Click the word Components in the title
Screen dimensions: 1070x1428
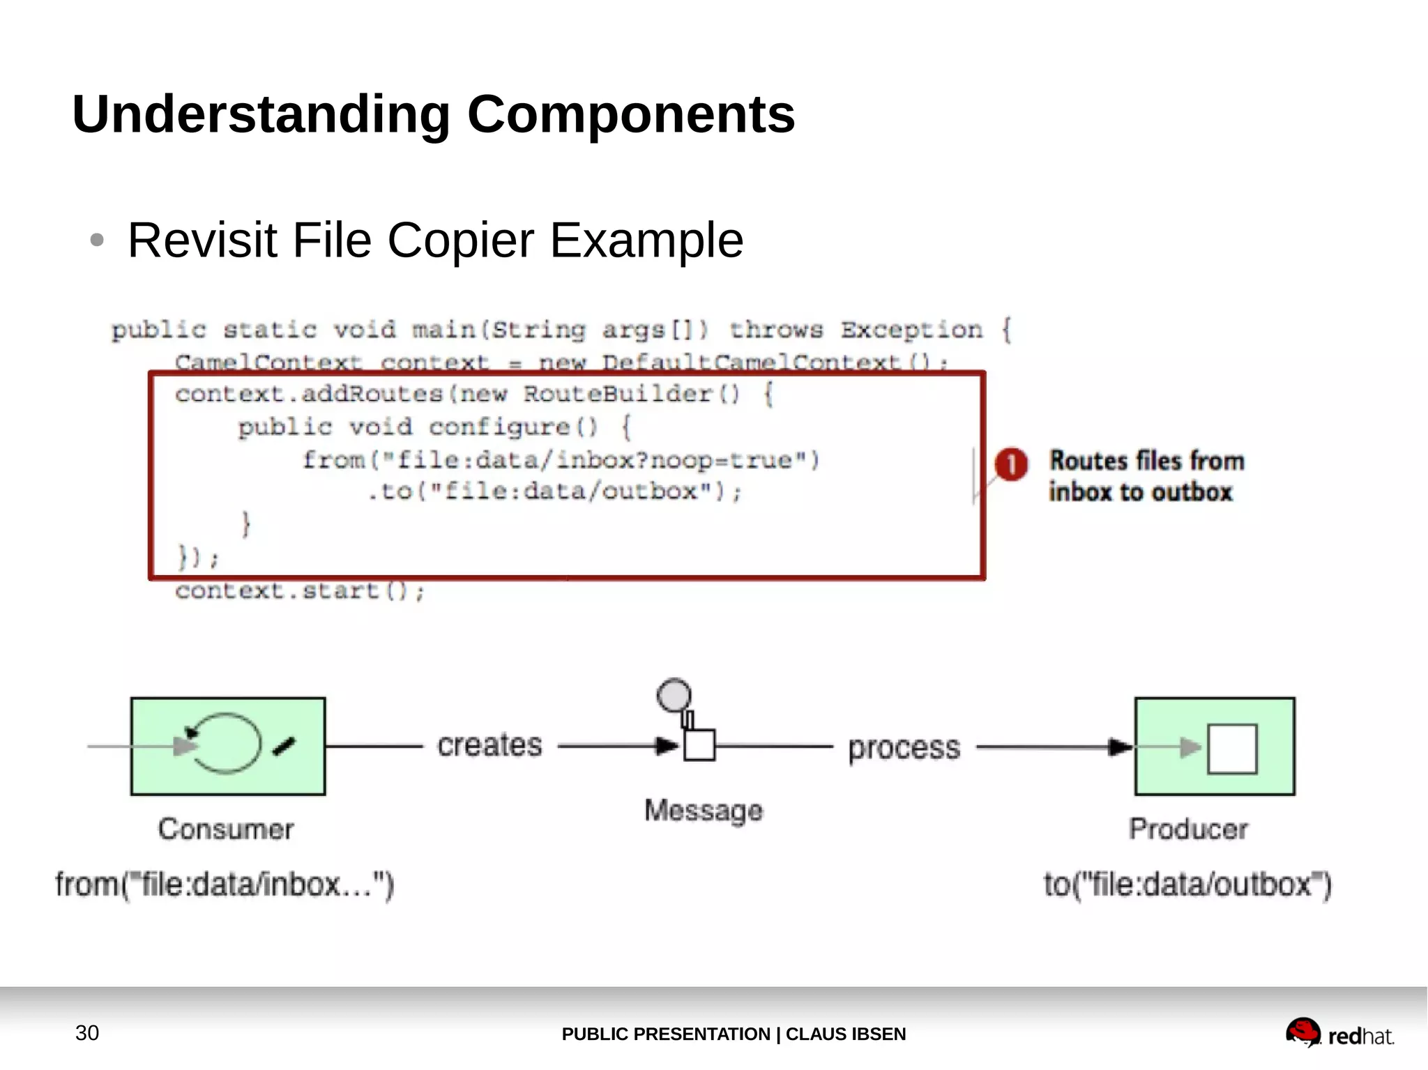[630, 114]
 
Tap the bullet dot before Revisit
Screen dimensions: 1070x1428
[97, 240]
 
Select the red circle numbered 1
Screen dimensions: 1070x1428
[1010, 464]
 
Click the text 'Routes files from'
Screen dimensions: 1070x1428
[1146, 461]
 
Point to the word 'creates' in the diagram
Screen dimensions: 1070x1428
[489, 745]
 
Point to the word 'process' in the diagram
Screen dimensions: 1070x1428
[904, 748]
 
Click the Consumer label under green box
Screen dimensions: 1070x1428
[225, 829]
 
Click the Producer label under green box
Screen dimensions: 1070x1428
[1187, 829]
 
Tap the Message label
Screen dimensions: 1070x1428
[703, 811]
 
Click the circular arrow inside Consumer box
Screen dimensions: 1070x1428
[225, 744]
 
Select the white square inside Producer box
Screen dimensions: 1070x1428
[1231, 749]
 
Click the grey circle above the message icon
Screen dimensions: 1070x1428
[674, 694]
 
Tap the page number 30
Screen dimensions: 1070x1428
[87, 1032]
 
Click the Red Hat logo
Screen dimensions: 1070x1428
[1339, 1033]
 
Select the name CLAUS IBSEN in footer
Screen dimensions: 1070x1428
[845, 1034]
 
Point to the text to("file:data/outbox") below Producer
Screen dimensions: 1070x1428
[1187, 885]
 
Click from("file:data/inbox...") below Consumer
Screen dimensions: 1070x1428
[225, 885]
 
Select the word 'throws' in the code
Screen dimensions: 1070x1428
[776, 329]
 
